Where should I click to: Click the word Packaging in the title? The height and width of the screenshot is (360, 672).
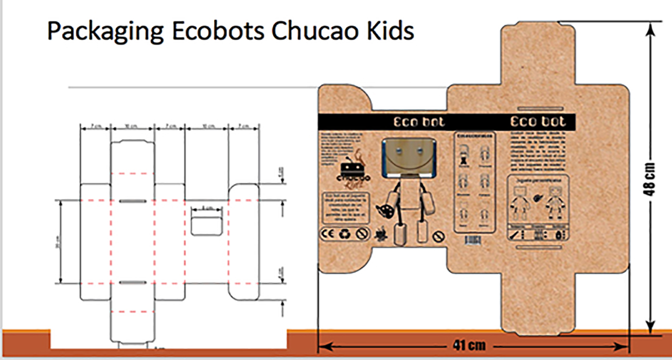pos(103,32)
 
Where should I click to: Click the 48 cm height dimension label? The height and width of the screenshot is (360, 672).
pos(651,178)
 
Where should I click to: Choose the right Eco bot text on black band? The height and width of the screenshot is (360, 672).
pos(538,122)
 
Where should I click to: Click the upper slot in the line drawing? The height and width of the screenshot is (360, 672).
pos(133,201)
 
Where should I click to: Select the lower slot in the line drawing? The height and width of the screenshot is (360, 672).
pos(133,282)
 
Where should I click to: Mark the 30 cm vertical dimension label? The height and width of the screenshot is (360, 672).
pos(57,242)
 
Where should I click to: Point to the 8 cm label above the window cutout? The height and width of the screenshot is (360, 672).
pos(206,208)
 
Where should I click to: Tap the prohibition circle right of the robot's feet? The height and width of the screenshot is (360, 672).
pos(439,237)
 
